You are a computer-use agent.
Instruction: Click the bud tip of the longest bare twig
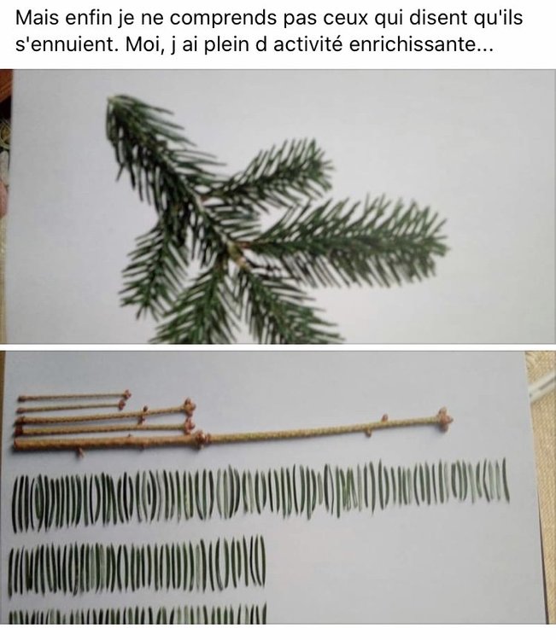[x=444, y=418]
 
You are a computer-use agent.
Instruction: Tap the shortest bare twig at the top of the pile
[x=73, y=397]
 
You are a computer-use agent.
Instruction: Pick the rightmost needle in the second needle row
[x=262, y=559]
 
